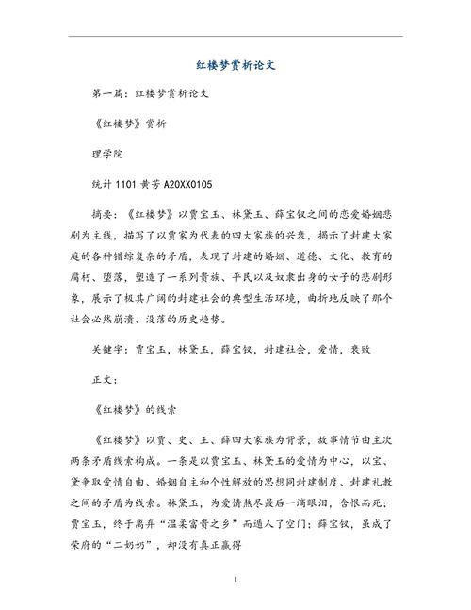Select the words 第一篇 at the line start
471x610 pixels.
point(106,95)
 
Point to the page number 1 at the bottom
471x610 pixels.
point(235,578)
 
